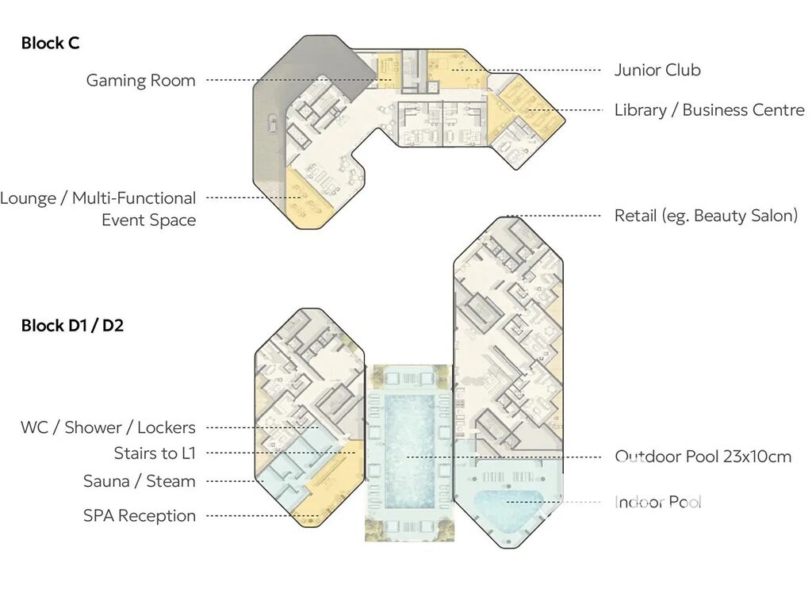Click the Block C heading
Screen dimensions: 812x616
[x=50, y=43]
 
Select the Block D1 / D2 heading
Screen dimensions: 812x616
[x=72, y=326]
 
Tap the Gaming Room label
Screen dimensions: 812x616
[x=140, y=80]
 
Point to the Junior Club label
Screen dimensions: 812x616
[x=657, y=70]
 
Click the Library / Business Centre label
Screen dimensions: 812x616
[x=710, y=109]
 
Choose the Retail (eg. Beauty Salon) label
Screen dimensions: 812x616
[x=706, y=216]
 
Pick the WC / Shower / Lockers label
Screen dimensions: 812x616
[x=108, y=427]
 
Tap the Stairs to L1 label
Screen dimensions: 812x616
[x=155, y=453]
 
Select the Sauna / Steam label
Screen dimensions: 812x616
[x=140, y=481]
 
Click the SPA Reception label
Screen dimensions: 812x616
[x=140, y=515]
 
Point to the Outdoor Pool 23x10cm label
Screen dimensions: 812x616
[x=703, y=457]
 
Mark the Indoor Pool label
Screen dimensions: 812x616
[x=657, y=502]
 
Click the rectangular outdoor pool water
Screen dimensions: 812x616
[x=410, y=451]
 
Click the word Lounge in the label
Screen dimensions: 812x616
[x=28, y=198]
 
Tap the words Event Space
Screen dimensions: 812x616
[x=148, y=220]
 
